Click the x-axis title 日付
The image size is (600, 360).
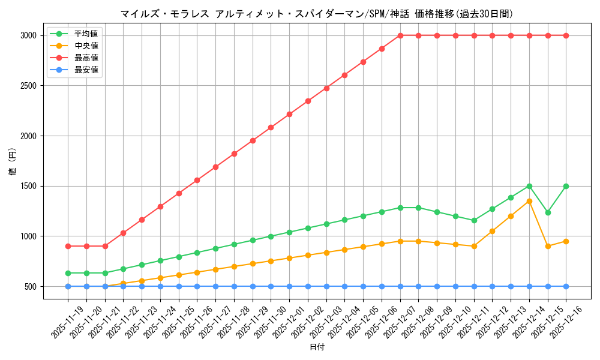(317, 347)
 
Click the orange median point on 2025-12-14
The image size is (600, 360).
(529, 201)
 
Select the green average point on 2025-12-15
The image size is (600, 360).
(548, 212)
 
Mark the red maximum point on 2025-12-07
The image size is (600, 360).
(400, 35)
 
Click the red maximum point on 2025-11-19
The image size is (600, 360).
(68, 246)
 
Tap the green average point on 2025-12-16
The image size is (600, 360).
(566, 186)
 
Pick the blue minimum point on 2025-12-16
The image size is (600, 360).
(566, 286)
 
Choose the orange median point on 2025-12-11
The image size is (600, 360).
(474, 246)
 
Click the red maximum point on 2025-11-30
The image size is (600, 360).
(271, 127)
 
